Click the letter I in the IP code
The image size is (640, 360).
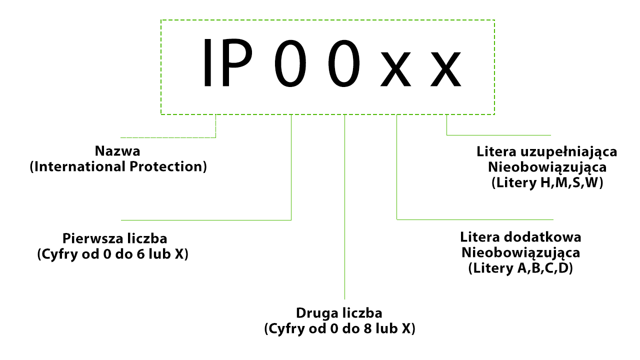pos(207,62)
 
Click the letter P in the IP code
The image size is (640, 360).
pos(237,62)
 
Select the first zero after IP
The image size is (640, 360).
pos(290,63)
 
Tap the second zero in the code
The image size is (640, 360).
pos(344,63)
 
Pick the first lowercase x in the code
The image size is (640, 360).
pos(395,69)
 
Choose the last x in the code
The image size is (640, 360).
pos(445,69)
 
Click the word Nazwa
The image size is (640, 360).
pos(117,151)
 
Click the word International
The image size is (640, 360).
pos(80,166)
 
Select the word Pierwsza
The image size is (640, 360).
pos(91,238)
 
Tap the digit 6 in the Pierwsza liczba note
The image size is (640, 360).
pos(140,254)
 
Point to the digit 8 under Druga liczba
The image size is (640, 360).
pos(367,329)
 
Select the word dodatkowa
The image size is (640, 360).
pos(542,237)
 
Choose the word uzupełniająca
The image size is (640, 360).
pos(568,152)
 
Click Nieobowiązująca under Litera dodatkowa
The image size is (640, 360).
pos(520,253)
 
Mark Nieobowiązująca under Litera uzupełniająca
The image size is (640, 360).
pos(547,167)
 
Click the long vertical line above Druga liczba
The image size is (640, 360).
pos(344,207)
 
